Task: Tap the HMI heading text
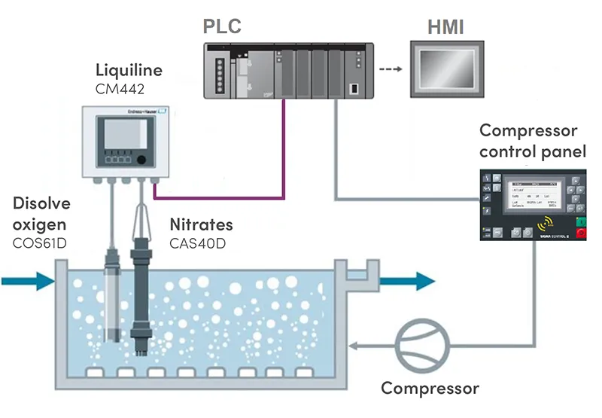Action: pyautogui.click(x=445, y=28)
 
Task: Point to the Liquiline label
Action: pyautogui.click(x=129, y=72)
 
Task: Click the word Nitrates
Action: pyautogui.click(x=201, y=224)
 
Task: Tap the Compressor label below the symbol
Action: pyautogui.click(x=430, y=389)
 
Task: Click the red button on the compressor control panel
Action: pyautogui.click(x=580, y=233)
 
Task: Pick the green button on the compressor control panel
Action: pyautogui.click(x=580, y=220)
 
